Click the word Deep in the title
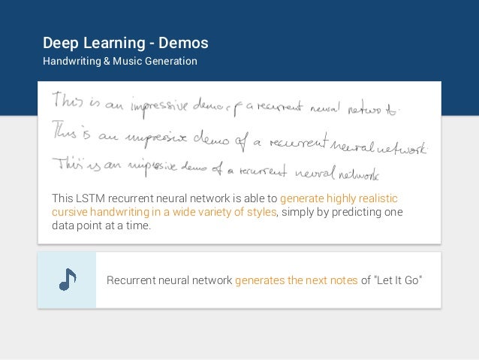click(59, 42)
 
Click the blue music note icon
click(67, 280)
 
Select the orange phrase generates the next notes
click(296, 280)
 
